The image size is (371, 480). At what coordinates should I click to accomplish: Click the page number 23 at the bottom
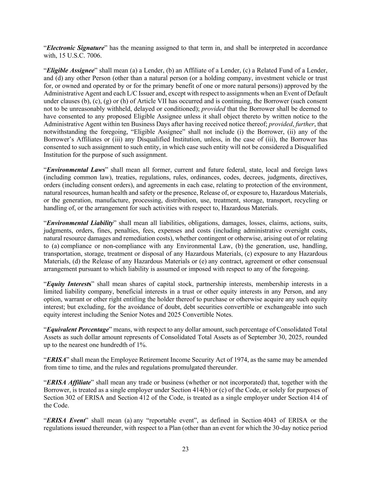pyautogui.click(x=185, y=449)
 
